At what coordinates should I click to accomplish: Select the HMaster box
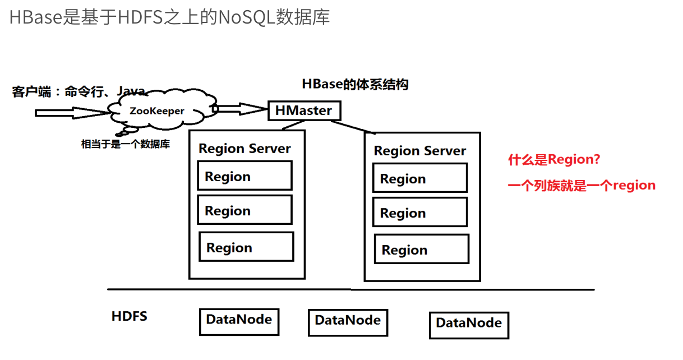[303, 110]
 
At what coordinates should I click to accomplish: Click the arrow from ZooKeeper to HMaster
[238, 108]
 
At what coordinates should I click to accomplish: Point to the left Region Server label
[244, 149]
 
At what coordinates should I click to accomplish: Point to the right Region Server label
[419, 151]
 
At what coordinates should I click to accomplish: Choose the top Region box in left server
[244, 176]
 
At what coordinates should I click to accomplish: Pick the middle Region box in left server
[244, 210]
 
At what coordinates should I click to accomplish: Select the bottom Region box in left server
[246, 247]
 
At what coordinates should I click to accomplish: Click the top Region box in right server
[420, 178]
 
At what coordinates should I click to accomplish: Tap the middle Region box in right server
[420, 213]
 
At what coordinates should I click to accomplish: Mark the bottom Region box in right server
[422, 250]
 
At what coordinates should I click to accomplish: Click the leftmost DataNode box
[239, 321]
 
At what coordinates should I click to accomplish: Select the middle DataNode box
[348, 322]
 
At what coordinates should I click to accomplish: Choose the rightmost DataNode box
[469, 325]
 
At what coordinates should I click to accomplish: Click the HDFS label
[129, 316]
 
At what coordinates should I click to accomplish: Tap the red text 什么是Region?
[554, 160]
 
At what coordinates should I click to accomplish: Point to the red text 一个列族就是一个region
[582, 186]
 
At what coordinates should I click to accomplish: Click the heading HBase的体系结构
[355, 84]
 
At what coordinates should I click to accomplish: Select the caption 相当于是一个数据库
[126, 144]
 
